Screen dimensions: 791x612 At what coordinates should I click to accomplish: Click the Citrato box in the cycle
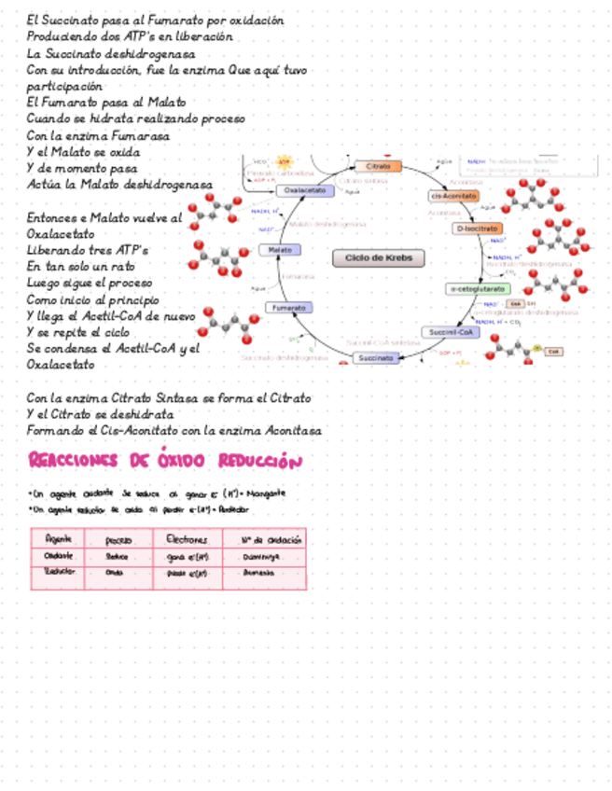[378, 166]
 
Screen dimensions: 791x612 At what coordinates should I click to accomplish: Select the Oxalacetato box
[305, 190]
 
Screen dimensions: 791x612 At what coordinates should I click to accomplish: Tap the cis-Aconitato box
[454, 197]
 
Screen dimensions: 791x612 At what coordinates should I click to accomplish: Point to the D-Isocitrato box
[479, 229]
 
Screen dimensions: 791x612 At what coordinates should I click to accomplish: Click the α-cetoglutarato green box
[477, 289]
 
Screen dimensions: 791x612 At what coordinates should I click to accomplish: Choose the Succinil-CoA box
[450, 332]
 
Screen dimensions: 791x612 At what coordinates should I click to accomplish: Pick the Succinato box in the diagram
[376, 357]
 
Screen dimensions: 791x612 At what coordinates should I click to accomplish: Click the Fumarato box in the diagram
[288, 308]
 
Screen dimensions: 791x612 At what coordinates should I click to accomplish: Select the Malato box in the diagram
[280, 250]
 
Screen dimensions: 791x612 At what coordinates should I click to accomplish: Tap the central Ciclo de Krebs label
[379, 258]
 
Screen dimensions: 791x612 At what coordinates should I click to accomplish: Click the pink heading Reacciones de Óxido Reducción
[165, 461]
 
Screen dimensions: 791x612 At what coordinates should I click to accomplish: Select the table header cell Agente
[58, 539]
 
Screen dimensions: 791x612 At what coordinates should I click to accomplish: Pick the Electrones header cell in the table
[187, 539]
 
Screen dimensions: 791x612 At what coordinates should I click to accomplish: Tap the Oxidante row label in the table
[58, 556]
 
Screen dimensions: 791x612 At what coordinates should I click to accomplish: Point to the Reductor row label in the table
[58, 572]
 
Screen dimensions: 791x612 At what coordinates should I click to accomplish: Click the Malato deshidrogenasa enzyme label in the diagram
[327, 224]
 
